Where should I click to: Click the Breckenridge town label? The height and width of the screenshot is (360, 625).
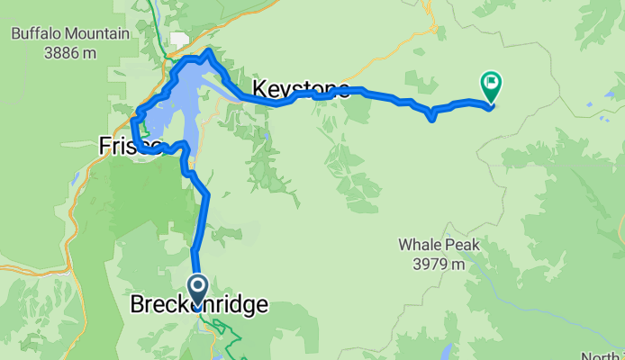pos(199,305)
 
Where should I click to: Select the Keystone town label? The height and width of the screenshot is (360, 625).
pos(301,89)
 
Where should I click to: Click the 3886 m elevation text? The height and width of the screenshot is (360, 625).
pos(69,52)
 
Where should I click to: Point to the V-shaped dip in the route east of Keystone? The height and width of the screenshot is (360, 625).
pos(432,117)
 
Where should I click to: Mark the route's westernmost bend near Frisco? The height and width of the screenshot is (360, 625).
pos(133,119)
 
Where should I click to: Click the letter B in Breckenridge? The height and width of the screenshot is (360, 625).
pos(139,305)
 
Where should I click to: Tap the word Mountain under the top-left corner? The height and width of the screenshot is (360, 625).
pos(99,34)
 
